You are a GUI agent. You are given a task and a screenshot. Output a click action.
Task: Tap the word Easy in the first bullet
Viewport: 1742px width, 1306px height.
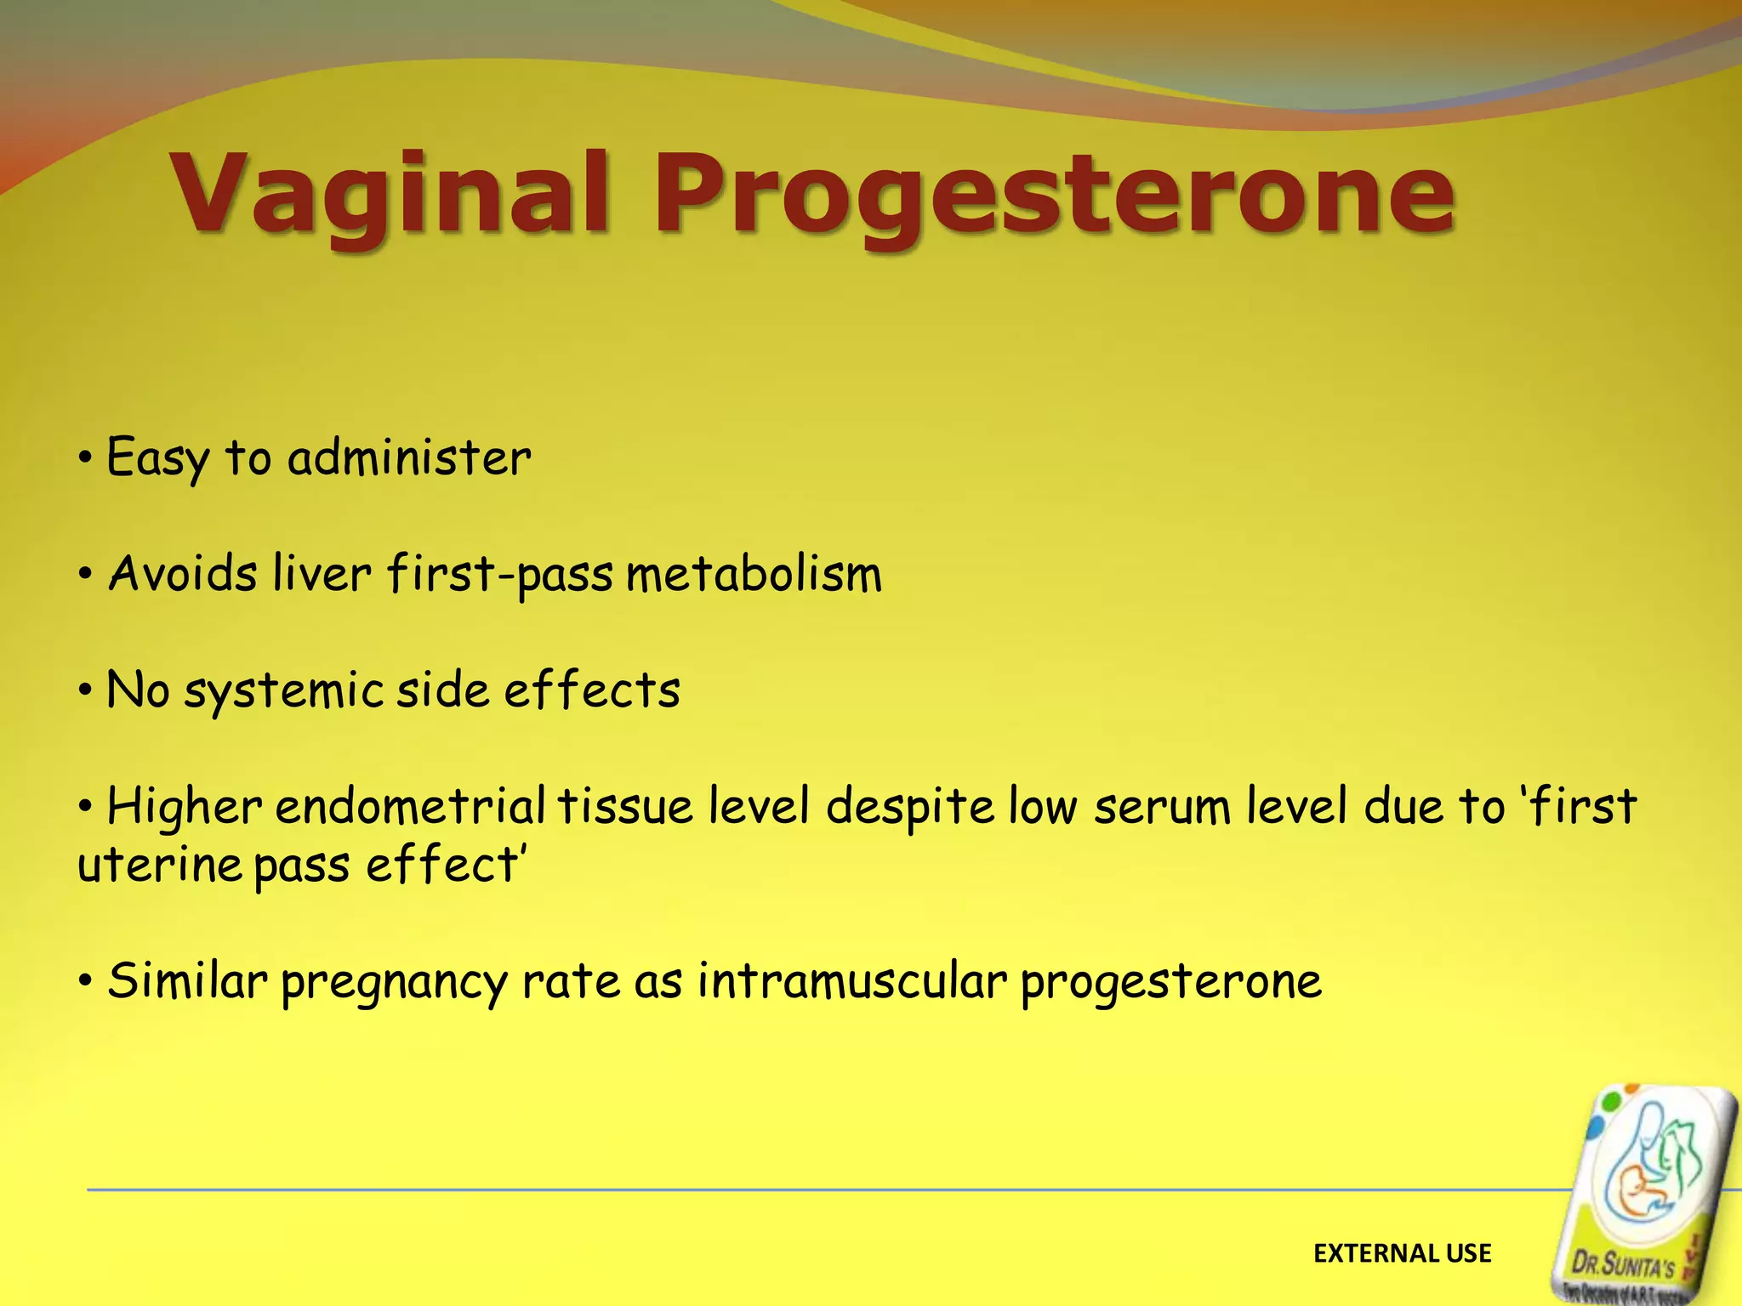157,459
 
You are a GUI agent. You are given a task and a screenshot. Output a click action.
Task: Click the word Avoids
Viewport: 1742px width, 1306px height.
183,573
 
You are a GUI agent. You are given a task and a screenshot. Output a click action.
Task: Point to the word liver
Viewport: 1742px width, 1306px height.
322,573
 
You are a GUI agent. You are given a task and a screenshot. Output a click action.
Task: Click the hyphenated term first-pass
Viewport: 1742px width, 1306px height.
499,575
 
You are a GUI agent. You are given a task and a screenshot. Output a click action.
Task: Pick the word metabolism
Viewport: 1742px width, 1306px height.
754,573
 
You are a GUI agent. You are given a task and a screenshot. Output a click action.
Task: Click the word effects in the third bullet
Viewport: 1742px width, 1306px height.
592,689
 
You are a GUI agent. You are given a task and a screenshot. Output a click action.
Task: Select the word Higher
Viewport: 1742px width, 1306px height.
184,806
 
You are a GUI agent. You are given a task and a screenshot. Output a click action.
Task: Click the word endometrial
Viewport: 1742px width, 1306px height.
410,806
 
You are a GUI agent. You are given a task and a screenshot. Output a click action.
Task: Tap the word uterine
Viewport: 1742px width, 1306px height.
160,866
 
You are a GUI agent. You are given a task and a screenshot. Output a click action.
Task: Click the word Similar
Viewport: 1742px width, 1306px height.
187,980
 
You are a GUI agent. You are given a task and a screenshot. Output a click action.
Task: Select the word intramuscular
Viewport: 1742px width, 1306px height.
852,980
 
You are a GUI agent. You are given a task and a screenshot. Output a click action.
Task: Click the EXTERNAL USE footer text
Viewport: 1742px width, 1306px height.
1402,1253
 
